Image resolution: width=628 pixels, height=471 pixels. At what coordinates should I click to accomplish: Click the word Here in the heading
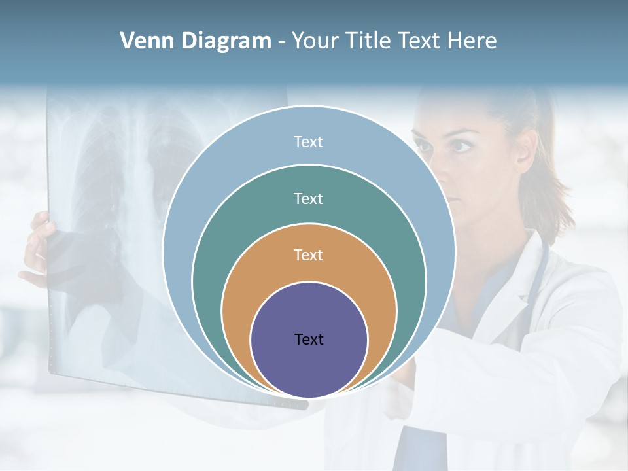coord(472,41)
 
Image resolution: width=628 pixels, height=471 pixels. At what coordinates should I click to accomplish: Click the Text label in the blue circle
coord(308,141)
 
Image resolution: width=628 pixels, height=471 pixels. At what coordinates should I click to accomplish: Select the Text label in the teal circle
coord(308,198)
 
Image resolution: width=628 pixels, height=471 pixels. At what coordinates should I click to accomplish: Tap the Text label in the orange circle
coord(308,255)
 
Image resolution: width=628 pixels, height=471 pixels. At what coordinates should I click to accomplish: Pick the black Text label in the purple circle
coord(308,339)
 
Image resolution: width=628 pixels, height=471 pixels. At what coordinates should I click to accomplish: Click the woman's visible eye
coord(462,145)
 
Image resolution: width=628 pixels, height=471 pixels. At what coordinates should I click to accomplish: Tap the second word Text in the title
coord(421,41)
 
